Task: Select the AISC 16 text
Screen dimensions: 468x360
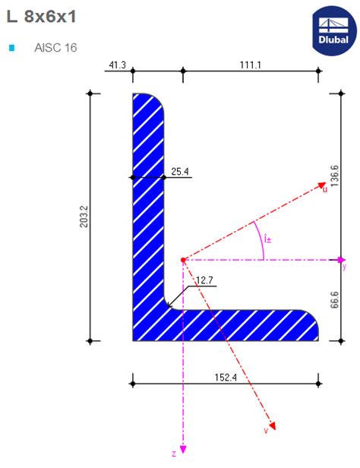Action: [x=55, y=48]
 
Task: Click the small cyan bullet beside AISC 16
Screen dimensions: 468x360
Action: [x=11, y=48]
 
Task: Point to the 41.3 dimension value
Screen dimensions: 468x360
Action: [x=118, y=65]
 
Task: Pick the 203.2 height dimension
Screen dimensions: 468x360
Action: [x=84, y=217]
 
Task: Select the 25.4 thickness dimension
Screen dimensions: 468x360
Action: [x=179, y=172]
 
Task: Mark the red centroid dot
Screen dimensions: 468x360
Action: [x=183, y=260]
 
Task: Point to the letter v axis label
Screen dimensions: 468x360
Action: [x=265, y=430]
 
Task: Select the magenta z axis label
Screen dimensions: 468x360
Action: [x=174, y=454]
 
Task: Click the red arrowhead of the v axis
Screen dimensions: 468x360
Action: [x=272, y=425]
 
